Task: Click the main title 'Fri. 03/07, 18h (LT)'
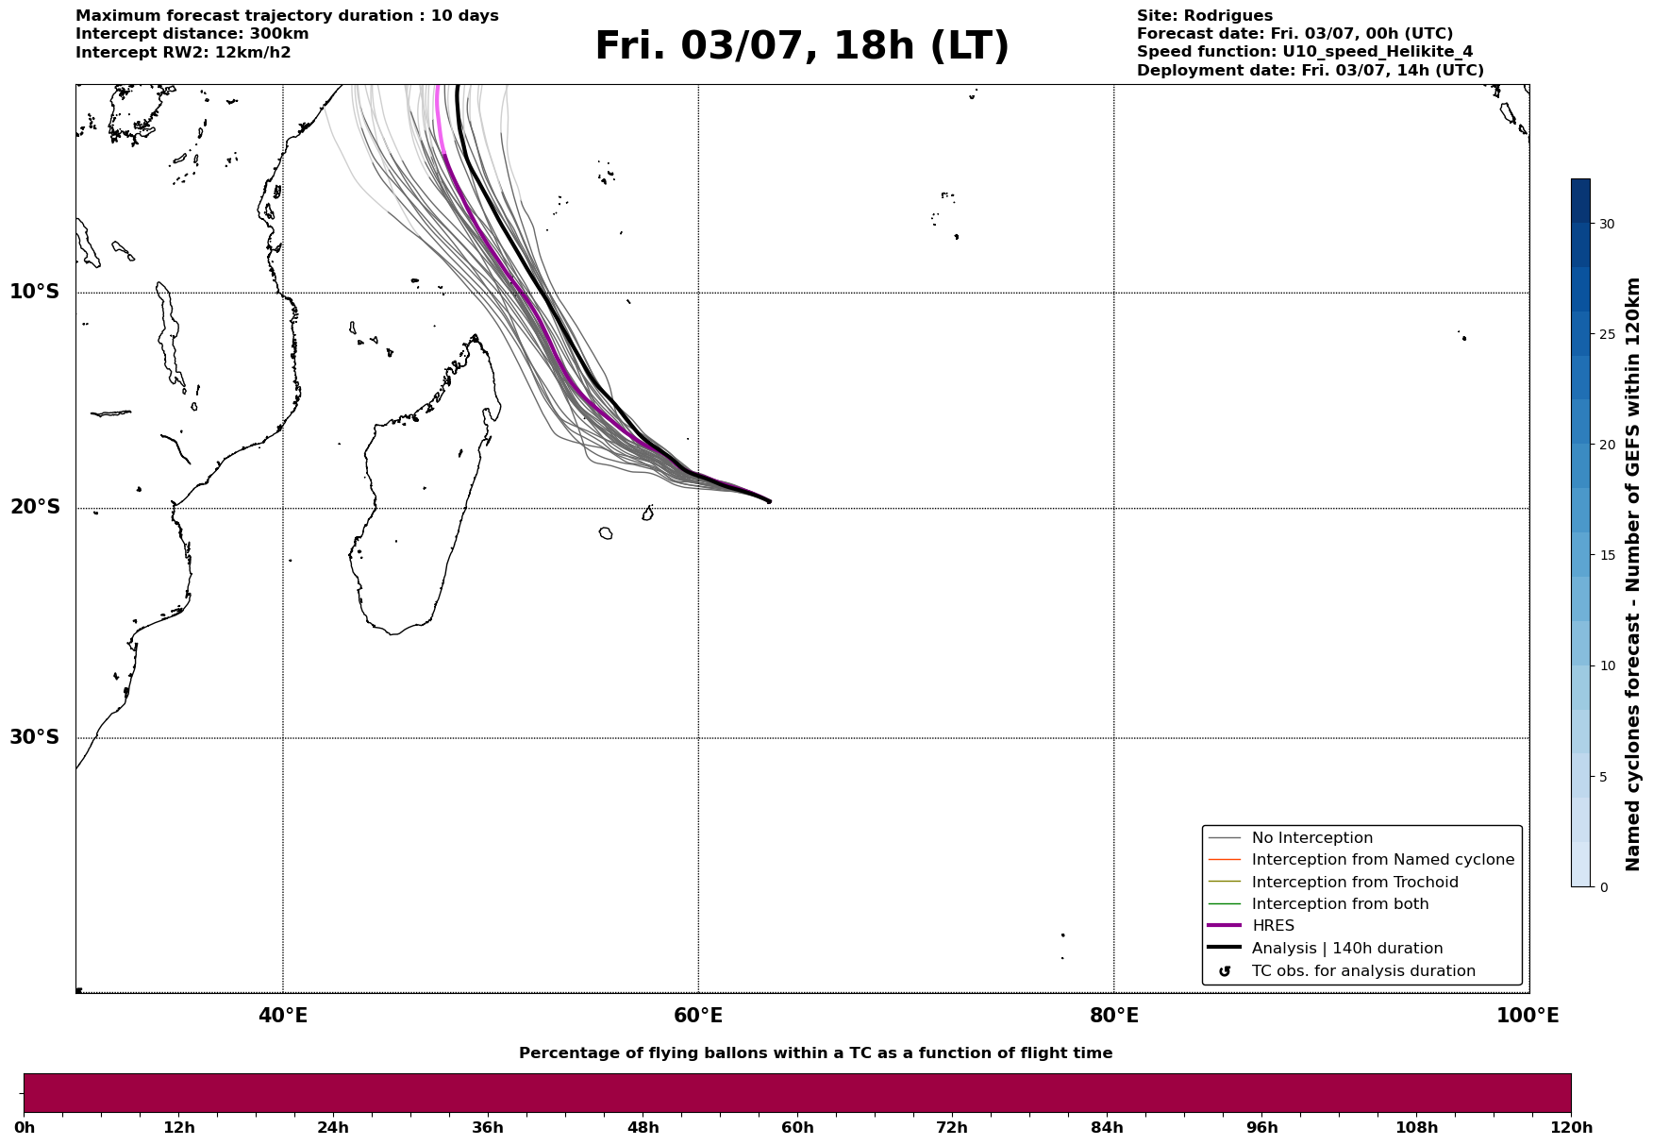tap(802, 46)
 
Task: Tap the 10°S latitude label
tap(35, 292)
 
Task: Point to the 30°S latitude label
tap(35, 737)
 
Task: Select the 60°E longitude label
tap(698, 1016)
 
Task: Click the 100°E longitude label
tap(1528, 1016)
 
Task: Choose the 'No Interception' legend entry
tap(1312, 838)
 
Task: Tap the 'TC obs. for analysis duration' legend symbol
tap(1225, 971)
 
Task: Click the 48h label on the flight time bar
tap(643, 1128)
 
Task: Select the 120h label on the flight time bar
tap(1571, 1128)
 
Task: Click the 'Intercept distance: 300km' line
tap(192, 34)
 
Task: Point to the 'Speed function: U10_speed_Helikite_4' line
tap(1305, 52)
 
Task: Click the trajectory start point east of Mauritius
tap(769, 501)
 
